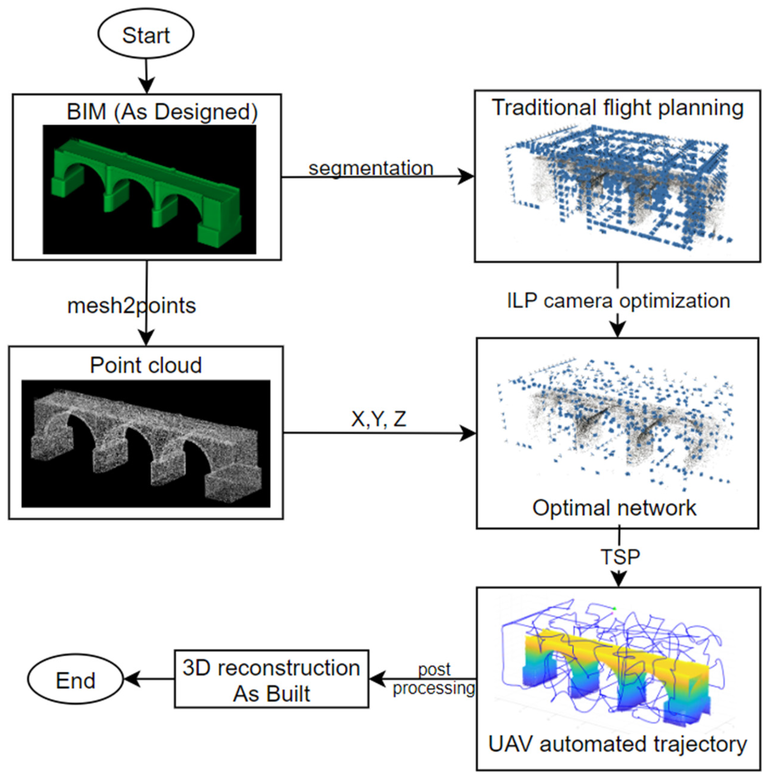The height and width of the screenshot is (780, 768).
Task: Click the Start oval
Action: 146,35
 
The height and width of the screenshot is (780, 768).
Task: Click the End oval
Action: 75,680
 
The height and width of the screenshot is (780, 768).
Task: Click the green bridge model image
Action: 149,190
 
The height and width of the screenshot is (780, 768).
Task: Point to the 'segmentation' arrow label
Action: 371,168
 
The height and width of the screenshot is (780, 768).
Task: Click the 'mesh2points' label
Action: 132,306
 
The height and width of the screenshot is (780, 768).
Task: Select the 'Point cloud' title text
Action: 146,365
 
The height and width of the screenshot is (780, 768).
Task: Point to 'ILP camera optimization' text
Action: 618,301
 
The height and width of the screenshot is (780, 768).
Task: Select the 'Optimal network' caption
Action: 614,508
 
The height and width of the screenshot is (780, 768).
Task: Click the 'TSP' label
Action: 620,557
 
